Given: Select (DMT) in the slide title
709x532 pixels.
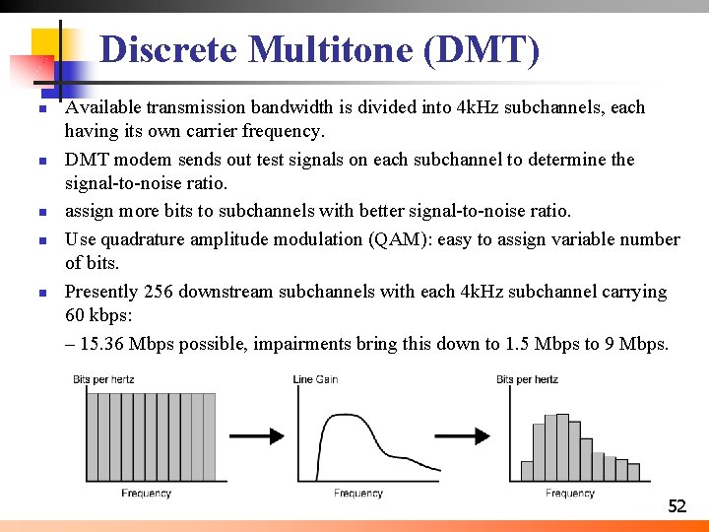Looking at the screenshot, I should tap(482, 49).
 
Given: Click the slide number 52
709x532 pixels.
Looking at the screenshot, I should tap(677, 506).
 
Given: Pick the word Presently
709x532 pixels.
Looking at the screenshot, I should tap(102, 292).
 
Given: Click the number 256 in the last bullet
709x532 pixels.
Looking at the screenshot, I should tap(160, 292).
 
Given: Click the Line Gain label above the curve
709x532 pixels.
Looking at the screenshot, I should tap(315, 379).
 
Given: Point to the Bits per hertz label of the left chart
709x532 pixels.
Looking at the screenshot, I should tap(103, 379).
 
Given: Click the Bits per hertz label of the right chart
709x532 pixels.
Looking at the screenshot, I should tap(527, 379).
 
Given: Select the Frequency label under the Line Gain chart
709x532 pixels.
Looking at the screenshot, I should tap(358, 493).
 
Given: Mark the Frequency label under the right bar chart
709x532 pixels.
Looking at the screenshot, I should tap(570, 493).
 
